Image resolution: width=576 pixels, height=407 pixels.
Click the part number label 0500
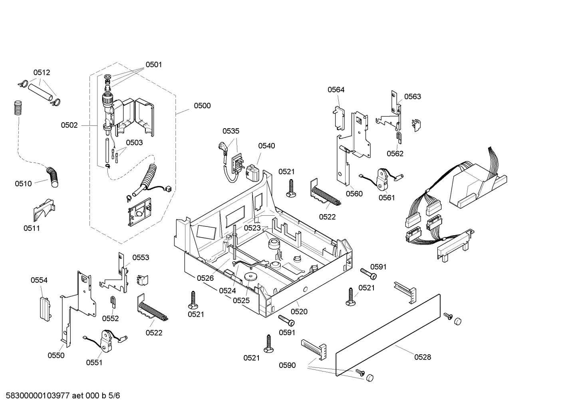click(202, 106)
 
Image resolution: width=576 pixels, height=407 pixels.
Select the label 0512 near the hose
click(42, 73)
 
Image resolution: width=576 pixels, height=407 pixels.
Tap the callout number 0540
click(266, 146)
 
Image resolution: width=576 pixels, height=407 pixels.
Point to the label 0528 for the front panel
click(422, 357)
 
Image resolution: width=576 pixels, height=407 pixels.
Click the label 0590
click(287, 365)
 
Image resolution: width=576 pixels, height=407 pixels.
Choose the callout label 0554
click(39, 280)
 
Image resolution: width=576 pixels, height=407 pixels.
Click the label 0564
click(336, 90)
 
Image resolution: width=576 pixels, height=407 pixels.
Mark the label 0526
click(205, 278)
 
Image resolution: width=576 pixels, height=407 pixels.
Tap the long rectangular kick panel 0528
click(387, 336)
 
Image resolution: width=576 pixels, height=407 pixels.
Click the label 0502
click(69, 125)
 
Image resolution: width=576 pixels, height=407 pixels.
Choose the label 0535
click(231, 131)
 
